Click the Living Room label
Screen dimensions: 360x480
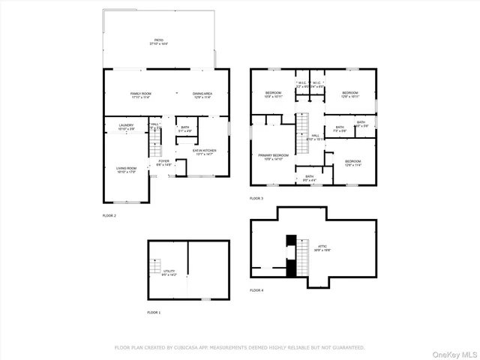127,169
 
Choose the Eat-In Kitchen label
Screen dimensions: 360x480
205,151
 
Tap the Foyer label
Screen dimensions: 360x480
163,162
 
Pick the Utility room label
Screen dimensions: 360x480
169,272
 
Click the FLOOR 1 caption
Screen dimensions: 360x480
154,312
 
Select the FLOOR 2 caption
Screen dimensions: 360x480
109,215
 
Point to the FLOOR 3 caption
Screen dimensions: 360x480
256,198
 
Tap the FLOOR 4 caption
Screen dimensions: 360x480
256,290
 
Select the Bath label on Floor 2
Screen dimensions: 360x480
184,128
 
